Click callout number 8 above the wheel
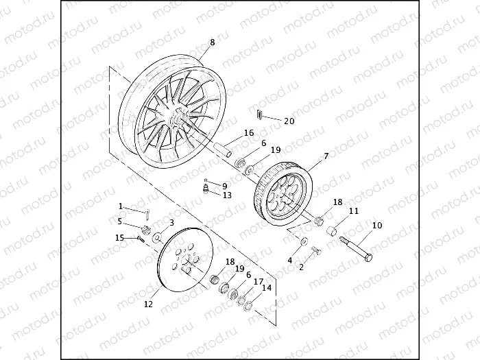[x=212, y=43]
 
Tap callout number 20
[x=289, y=121]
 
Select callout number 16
[x=248, y=133]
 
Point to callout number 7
[x=326, y=156]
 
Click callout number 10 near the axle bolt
[x=377, y=225]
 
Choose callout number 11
[x=354, y=211]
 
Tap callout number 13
[x=227, y=195]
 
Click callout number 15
[x=119, y=238]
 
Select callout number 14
[x=266, y=288]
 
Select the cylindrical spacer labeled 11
[x=333, y=230]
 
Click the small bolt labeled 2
[x=315, y=251]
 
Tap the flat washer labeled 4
[x=302, y=241]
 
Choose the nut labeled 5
[x=147, y=230]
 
